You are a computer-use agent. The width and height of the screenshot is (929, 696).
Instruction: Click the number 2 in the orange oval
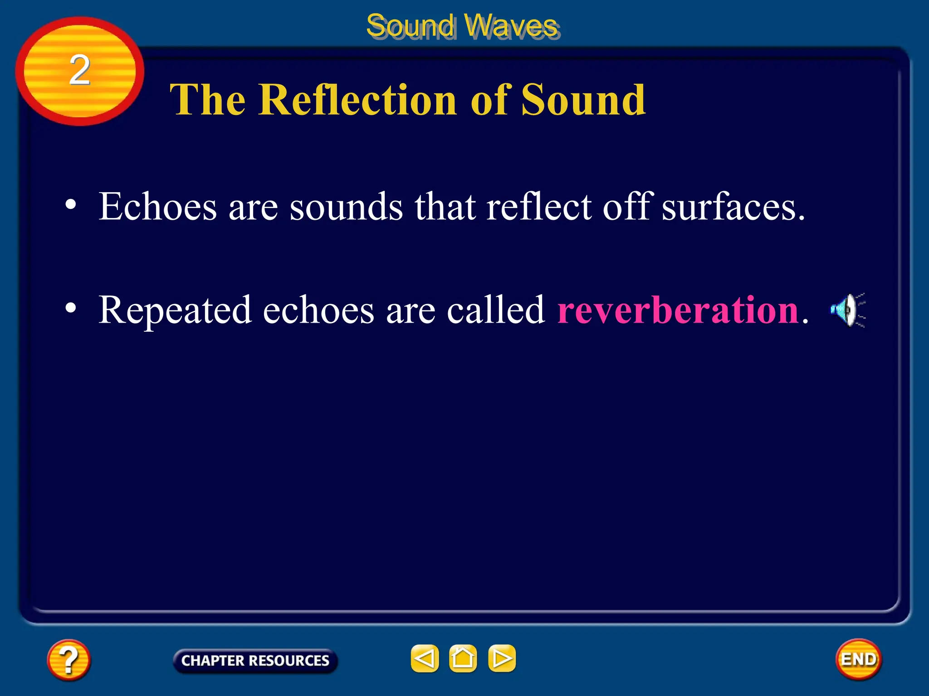(x=80, y=70)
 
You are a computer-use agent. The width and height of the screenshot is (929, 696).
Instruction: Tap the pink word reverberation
(x=678, y=310)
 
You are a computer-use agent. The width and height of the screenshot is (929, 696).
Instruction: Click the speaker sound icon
(x=847, y=310)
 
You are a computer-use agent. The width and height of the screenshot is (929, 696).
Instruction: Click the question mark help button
(x=68, y=660)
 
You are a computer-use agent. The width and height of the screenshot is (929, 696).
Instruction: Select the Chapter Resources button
(x=255, y=661)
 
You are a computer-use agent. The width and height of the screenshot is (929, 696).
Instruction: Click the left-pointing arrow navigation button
(x=425, y=658)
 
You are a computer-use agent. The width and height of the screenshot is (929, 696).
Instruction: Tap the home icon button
(x=463, y=658)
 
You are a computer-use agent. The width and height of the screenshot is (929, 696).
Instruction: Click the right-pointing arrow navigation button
(x=502, y=658)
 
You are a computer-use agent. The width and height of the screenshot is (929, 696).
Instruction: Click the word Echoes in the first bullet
(x=158, y=207)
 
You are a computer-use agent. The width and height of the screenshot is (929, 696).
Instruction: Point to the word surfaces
(x=732, y=207)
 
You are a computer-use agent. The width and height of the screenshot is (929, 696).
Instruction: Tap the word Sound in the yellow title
(x=583, y=101)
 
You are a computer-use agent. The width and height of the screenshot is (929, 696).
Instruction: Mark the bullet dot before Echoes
(x=70, y=204)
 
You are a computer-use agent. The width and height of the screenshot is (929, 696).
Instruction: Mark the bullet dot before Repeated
(x=70, y=308)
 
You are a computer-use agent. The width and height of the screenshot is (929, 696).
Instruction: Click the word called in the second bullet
(x=495, y=310)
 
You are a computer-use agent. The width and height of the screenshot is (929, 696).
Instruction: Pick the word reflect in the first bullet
(x=539, y=207)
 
